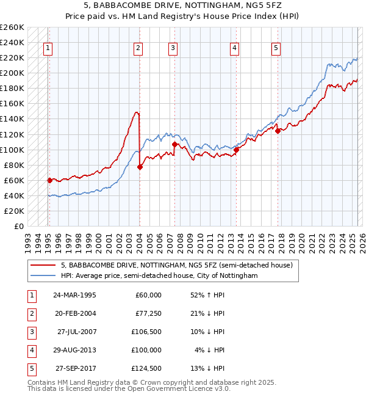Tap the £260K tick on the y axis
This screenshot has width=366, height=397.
pos(12,27)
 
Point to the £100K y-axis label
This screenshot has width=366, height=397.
pos(12,150)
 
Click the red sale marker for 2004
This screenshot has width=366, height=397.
pos(140,167)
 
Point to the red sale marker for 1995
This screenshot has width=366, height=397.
pos(50,180)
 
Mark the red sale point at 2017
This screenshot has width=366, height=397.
pos(278,130)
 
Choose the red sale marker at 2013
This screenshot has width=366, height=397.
pos(236,149)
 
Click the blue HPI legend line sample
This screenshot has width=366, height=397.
pos(44,275)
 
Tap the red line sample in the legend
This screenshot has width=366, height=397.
pos(44,265)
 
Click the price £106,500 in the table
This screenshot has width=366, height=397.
pos(146,332)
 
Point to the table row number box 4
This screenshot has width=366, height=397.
pos(30,350)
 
